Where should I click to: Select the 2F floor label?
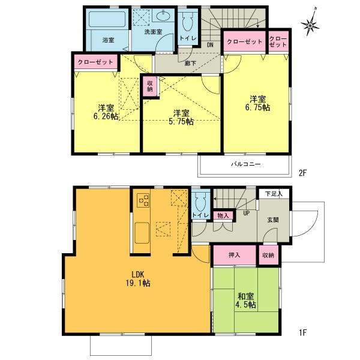tap(302, 173)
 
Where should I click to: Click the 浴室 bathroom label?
tap(108, 40)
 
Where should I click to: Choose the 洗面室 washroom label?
tap(154, 32)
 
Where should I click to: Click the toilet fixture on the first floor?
tap(200, 201)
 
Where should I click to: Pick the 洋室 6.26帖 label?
tap(107, 112)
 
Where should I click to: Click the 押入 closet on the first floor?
tap(235, 255)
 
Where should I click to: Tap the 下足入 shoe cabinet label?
tap(275, 194)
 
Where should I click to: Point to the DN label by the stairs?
tap(210, 44)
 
